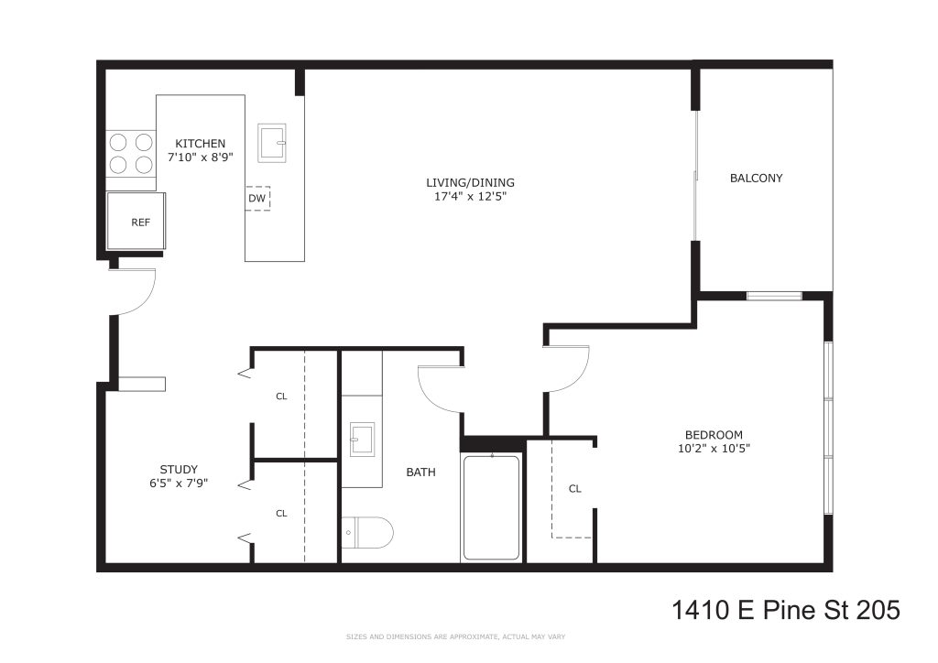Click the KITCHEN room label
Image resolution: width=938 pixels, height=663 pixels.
coord(200,144)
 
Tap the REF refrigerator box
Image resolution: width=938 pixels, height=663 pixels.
coord(136,222)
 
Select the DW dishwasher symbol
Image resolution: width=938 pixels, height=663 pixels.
coord(257,199)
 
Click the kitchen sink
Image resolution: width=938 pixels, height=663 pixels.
coord(271,143)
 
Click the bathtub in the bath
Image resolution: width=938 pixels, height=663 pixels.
coord(492,507)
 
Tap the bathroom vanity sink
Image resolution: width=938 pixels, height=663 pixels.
coord(363,440)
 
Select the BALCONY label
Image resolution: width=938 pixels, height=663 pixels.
coord(756,179)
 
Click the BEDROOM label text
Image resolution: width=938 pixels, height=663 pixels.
coord(714,435)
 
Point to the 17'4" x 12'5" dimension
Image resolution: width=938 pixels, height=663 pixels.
coord(470,196)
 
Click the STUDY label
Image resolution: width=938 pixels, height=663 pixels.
coord(179,470)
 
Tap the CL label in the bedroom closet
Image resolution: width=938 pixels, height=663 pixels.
coord(575,489)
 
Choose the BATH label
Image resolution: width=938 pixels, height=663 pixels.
coord(420,473)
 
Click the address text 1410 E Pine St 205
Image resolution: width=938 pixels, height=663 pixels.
coord(785,611)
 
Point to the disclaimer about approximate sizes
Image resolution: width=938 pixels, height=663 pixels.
coord(455,637)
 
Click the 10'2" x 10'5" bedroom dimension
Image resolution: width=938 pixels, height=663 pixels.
coord(714,449)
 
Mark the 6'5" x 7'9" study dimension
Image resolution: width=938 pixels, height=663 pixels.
coord(179,483)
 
